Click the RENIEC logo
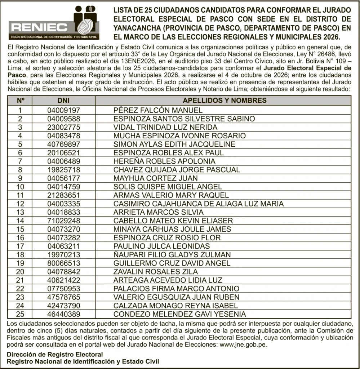[x=54, y=23]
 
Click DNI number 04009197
[x=63, y=110]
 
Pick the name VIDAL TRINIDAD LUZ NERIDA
[x=165, y=127]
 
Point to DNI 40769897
[x=63, y=144]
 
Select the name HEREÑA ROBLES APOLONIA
[x=164, y=161]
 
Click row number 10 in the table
[x=21, y=187]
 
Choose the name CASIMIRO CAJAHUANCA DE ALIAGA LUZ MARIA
[x=198, y=204]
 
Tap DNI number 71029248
[x=63, y=221]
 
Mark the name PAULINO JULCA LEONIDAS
[x=161, y=246]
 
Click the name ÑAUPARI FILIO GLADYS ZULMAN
[x=172, y=254]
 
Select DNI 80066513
[x=63, y=263]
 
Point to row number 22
[x=21, y=289]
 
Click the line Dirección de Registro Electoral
[x=55, y=354]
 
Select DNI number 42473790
[x=63, y=306]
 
